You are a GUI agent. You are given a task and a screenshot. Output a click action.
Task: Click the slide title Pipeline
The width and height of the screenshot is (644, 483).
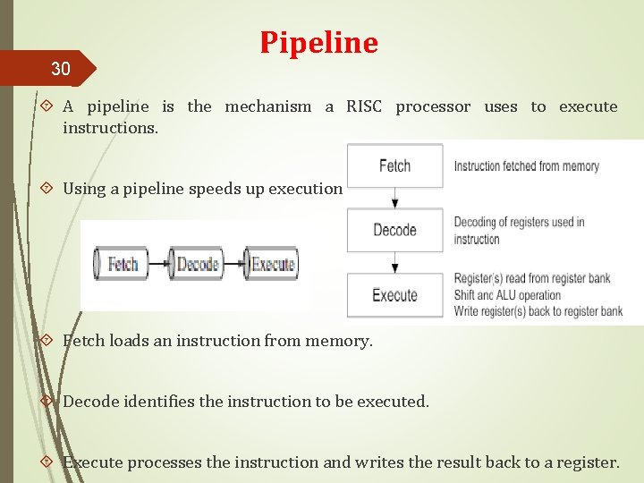(319, 42)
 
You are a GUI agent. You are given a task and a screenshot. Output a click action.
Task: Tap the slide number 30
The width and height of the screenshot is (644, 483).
(60, 68)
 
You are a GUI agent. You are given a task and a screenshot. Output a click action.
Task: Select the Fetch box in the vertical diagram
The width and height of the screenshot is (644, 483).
(394, 165)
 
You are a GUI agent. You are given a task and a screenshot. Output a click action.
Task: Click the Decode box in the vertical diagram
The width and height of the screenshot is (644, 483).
(394, 230)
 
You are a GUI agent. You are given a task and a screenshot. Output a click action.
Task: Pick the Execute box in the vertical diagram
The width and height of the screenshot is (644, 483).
(394, 295)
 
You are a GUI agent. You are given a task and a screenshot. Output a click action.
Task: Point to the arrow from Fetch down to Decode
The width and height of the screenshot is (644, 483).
(394, 198)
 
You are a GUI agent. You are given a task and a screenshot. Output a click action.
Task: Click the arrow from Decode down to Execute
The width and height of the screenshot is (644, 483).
(394, 263)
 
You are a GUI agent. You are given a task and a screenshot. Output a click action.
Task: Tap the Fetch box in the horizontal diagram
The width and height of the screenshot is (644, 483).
(123, 264)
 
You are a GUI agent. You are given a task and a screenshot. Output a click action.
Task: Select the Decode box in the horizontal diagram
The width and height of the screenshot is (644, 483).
(198, 264)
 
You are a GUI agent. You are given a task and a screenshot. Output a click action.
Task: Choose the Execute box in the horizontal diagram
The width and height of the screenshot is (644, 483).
(273, 264)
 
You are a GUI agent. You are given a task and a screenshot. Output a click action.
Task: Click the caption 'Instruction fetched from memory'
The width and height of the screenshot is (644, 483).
(526, 165)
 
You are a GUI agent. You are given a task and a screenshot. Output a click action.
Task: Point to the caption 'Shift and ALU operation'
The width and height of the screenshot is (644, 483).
(507, 294)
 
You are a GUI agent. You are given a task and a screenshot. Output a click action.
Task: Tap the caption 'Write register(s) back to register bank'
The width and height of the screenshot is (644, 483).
(538, 310)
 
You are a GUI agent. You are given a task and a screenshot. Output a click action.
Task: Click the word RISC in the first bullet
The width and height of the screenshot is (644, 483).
(364, 106)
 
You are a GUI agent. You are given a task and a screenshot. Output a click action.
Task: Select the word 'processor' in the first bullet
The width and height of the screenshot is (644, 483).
(433, 106)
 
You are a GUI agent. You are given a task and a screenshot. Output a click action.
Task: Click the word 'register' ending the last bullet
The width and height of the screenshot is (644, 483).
(586, 462)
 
